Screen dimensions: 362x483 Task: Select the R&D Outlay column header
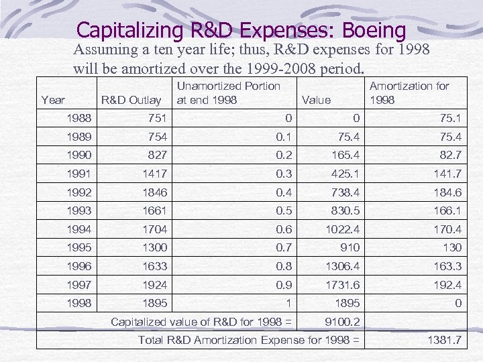point(131,100)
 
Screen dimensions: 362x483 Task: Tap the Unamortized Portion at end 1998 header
point(228,93)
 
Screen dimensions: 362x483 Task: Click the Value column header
point(317,100)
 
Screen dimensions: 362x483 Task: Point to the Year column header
point(53,100)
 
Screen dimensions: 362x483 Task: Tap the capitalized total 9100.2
point(341,322)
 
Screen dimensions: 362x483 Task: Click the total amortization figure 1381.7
point(444,340)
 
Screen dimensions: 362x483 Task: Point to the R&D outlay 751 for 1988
point(157,119)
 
